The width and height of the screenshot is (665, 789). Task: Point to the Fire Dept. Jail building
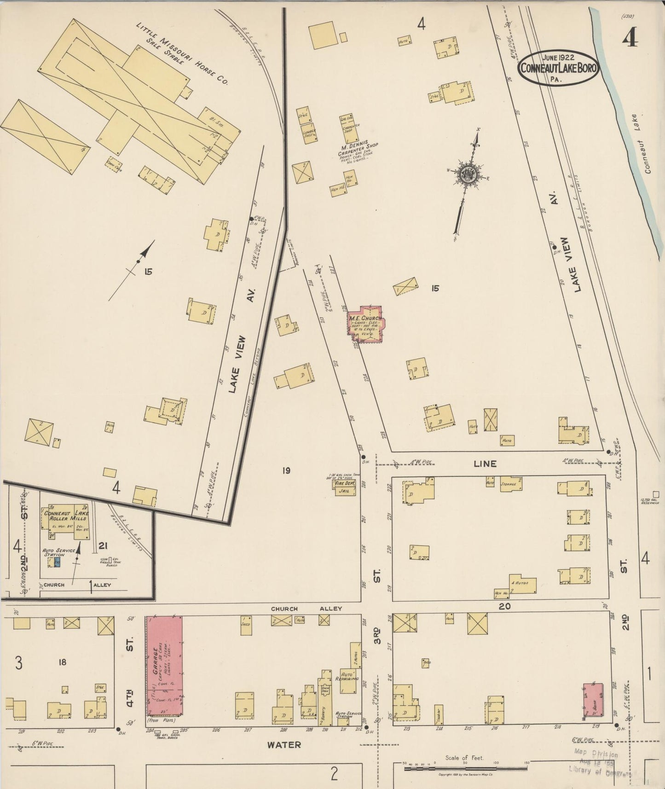(344, 487)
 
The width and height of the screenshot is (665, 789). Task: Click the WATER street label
(284, 744)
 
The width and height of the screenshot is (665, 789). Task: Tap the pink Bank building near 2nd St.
(593, 700)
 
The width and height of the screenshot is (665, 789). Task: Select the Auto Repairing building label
(348, 676)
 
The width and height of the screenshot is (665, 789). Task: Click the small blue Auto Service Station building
(58, 562)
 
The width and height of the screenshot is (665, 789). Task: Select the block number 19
(286, 470)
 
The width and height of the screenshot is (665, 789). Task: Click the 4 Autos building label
(522, 583)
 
